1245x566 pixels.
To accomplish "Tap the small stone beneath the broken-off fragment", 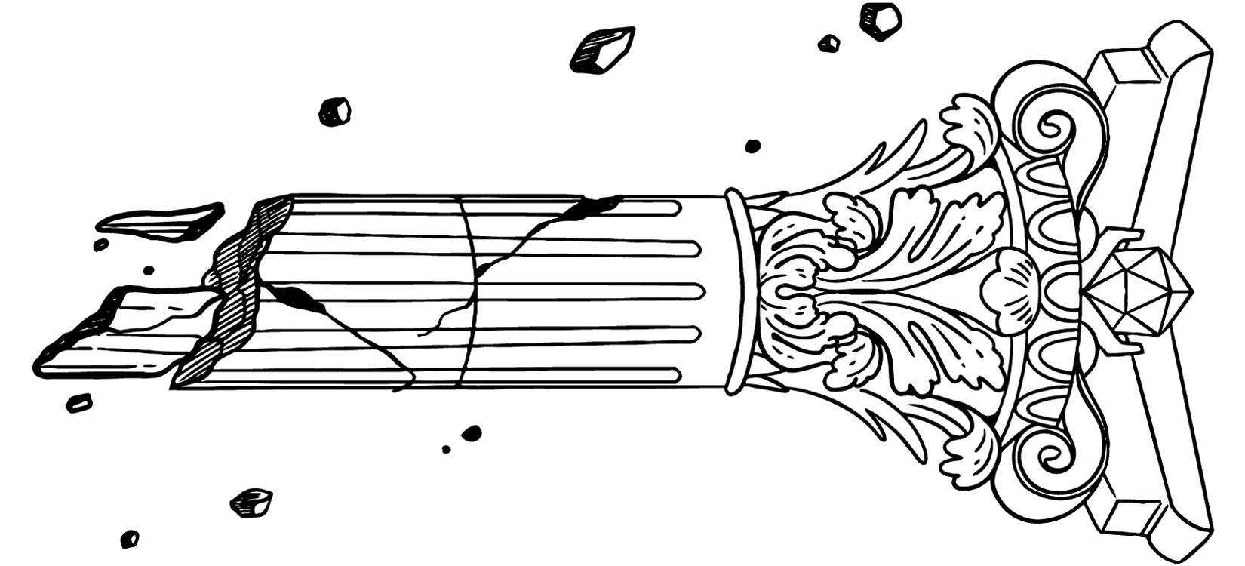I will [x=78, y=403].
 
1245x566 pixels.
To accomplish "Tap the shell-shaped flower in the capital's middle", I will [x=1007, y=290].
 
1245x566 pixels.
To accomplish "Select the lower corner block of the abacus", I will [x=1128, y=521].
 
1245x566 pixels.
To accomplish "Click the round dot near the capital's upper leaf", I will [x=752, y=146].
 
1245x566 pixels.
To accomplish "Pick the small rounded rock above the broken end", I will [x=334, y=112].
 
